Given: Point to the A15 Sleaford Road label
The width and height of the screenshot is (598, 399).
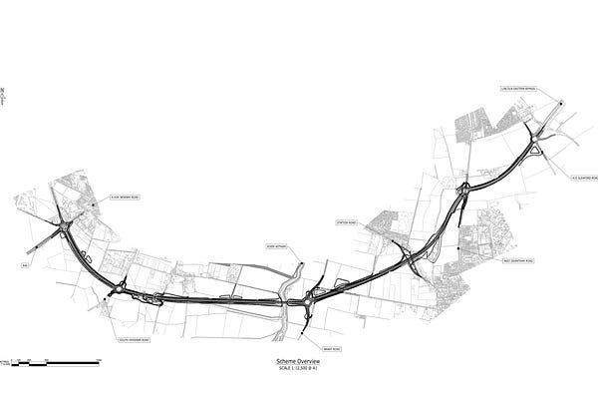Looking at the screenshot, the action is pos(582,179).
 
